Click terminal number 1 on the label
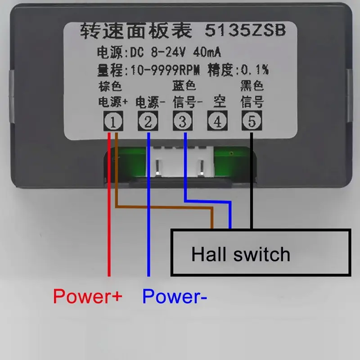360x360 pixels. point(113,121)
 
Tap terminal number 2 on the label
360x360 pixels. point(148,121)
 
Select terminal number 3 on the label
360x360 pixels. point(183,121)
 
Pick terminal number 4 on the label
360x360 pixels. point(217,121)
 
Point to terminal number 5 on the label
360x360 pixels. point(252,121)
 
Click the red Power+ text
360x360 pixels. point(88,296)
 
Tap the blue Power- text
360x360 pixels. point(175,296)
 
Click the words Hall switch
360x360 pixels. point(241,254)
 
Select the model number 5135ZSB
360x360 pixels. point(245,30)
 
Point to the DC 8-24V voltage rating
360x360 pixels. point(158,52)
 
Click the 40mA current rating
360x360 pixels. point(207,52)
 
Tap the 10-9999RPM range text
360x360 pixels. point(165,70)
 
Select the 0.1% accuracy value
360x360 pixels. point(255,69)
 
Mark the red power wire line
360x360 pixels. point(109,204)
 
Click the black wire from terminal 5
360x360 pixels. point(252,180)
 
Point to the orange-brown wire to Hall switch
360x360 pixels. point(164,207)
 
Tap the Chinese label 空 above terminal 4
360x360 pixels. point(220,102)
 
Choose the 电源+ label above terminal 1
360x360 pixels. point(113,102)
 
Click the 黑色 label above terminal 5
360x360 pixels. point(252,85)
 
